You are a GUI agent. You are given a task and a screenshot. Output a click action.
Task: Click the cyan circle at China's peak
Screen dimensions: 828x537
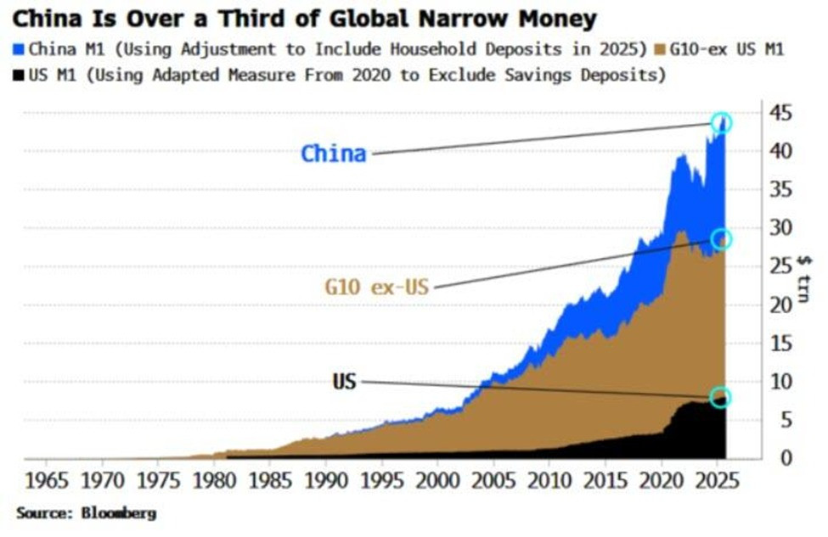pyautogui.click(x=721, y=114)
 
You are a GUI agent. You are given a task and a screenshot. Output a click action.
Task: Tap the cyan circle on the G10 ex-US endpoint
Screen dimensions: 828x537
pyautogui.click(x=721, y=229)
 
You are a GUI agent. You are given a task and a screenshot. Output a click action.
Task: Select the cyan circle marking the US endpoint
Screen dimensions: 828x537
pyautogui.click(x=720, y=388)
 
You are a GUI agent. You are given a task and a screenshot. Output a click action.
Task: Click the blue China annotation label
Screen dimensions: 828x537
pyautogui.click(x=333, y=154)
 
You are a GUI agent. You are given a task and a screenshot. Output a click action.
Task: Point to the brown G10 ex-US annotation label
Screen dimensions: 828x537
pyautogui.click(x=376, y=288)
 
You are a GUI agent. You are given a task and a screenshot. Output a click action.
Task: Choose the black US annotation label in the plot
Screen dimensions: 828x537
pyautogui.click(x=344, y=381)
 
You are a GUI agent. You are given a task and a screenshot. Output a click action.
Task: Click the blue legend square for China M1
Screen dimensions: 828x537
pyautogui.click(x=19, y=49)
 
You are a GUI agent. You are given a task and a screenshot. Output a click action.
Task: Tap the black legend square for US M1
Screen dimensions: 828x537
pyautogui.click(x=19, y=76)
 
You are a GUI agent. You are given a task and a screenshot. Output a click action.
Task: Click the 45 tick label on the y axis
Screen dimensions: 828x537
pyautogui.click(x=781, y=112)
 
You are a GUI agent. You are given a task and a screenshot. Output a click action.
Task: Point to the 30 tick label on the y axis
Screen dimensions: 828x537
pyautogui.click(x=781, y=228)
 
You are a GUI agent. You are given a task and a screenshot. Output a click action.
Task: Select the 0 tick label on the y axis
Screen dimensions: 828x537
pyautogui.click(x=786, y=458)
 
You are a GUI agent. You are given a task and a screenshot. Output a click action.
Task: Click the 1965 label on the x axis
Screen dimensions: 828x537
pyautogui.click(x=47, y=481)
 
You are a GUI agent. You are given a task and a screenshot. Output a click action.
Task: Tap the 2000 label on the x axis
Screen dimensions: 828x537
pyautogui.click(x=437, y=481)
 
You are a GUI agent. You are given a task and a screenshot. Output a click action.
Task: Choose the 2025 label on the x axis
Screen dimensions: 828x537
pyautogui.click(x=717, y=481)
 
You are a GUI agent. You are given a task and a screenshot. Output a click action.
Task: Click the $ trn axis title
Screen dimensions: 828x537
pyautogui.click(x=803, y=279)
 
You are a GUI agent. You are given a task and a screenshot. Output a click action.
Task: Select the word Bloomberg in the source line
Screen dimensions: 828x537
pyautogui.click(x=119, y=513)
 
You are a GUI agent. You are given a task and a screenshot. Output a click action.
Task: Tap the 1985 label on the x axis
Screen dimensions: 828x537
pyautogui.click(x=270, y=481)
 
